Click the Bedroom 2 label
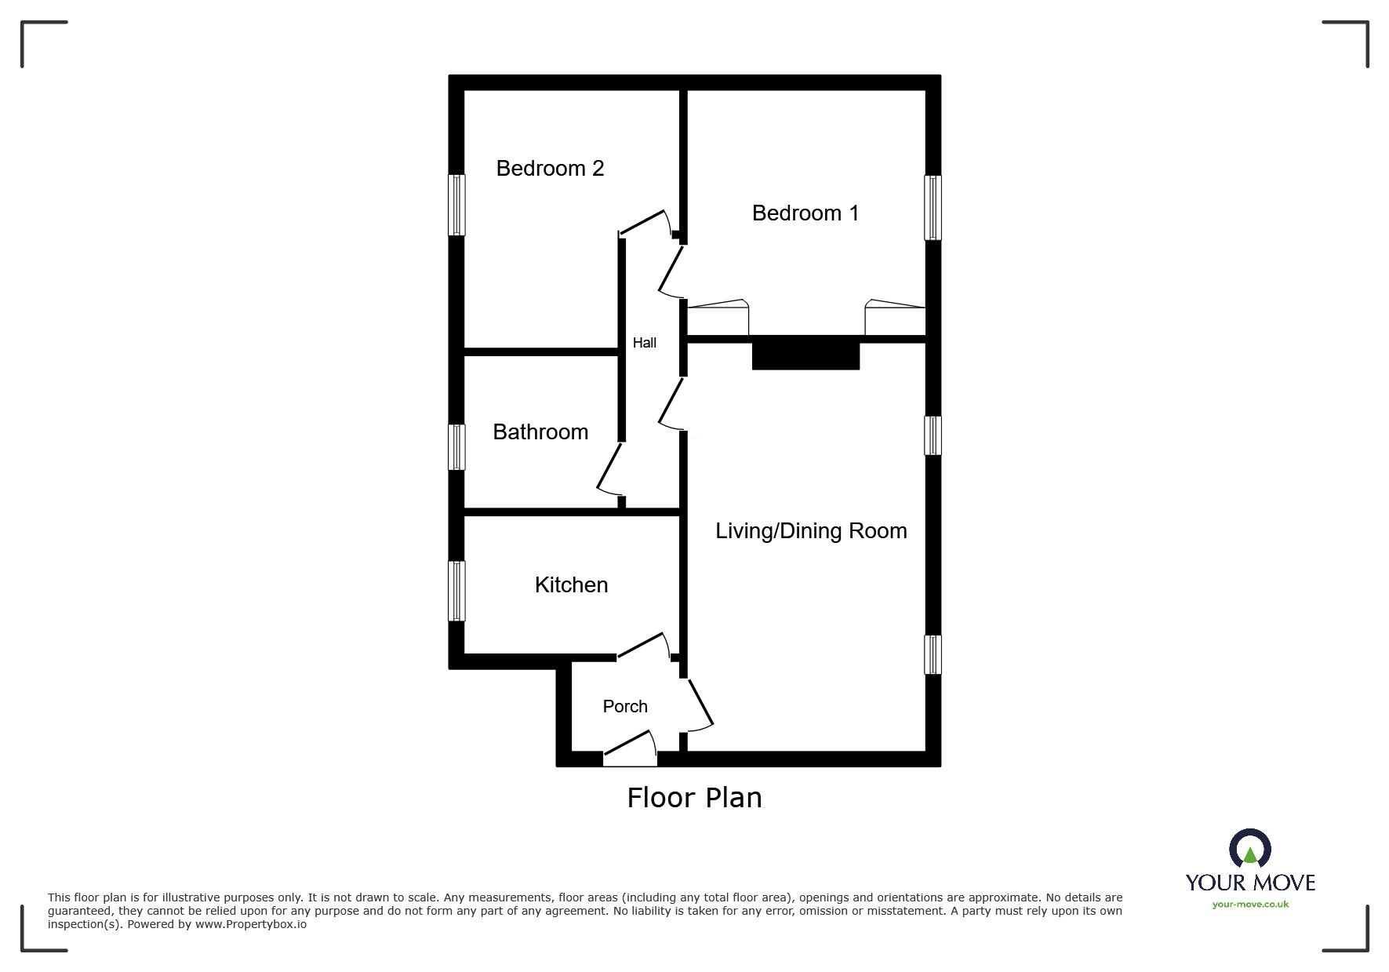click(x=550, y=168)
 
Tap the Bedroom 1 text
click(x=805, y=213)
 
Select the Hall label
click(x=644, y=343)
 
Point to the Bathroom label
click(x=540, y=431)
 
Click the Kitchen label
click(x=571, y=584)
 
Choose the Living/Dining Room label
click(x=811, y=531)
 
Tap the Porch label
click(x=625, y=706)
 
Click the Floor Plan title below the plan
click(x=694, y=798)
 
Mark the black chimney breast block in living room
click(x=805, y=353)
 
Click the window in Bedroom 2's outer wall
click(x=456, y=205)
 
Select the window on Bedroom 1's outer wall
click(x=933, y=207)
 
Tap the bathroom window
click(x=456, y=447)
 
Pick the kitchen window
click(x=456, y=591)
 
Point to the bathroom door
click(x=608, y=471)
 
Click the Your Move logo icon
click(x=1249, y=850)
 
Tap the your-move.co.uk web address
click(x=1249, y=905)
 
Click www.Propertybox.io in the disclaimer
click(x=250, y=924)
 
